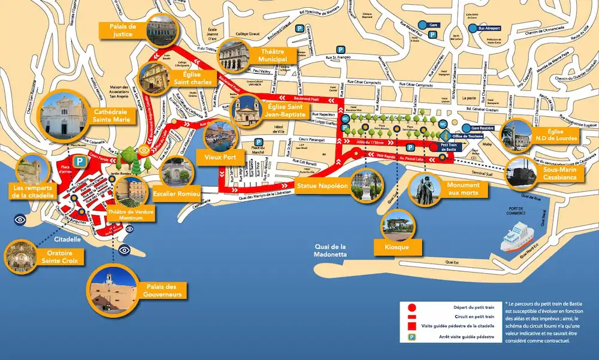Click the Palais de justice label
[x=124, y=31]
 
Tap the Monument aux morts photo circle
[x=426, y=189]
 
